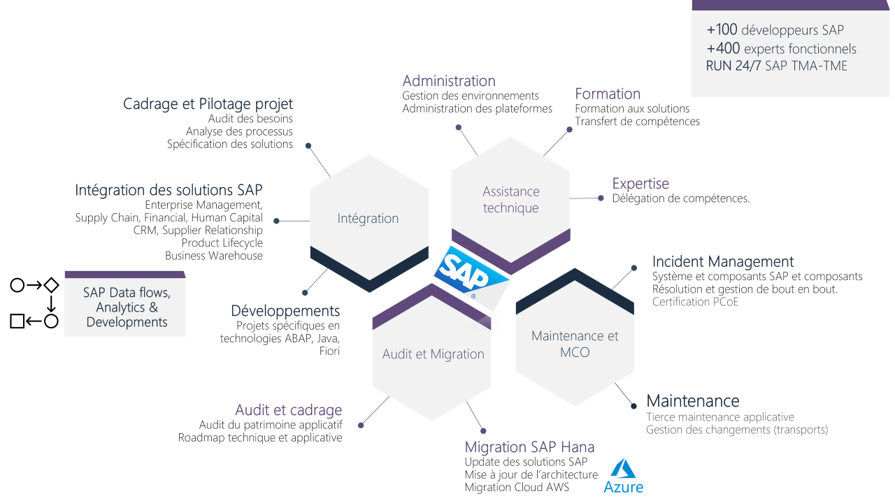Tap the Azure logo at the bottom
623,476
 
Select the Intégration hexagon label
368,219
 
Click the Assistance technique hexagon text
511,200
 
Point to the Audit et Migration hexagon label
433,354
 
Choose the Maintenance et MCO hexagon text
575,344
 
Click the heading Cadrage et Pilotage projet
208,104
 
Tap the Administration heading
449,81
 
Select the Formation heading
608,94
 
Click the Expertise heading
640,184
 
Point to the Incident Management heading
723,262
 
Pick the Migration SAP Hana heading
529,447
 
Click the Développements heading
285,311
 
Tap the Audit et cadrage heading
288,410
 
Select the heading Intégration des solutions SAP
169,190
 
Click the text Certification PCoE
695,302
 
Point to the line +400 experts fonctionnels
781,49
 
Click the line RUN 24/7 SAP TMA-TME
776,66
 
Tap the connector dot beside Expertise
601,198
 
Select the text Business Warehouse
214,256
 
